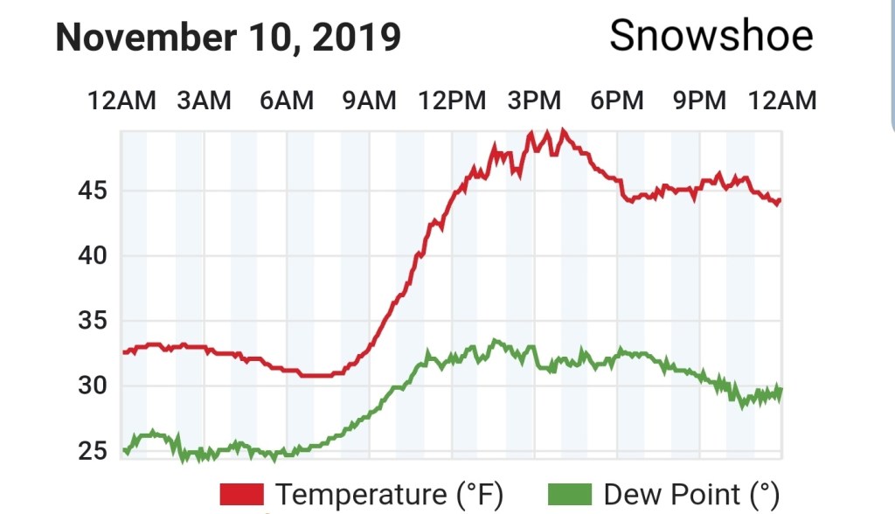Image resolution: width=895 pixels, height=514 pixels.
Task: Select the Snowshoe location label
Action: [711, 36]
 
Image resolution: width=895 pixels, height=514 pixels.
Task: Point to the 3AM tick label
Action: [204, 101]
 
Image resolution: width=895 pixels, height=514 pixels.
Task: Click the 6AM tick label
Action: [286, 101]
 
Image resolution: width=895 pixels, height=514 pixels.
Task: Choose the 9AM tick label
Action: [368, 101]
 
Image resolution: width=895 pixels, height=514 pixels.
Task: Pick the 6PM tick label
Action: [616, 101]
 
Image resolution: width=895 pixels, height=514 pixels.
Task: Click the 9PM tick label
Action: [698, 101]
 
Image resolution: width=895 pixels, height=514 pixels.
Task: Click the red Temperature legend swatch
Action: [242, 494]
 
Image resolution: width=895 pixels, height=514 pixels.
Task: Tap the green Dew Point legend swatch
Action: [570, 494]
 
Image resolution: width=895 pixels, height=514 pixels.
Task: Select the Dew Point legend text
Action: [690, 494]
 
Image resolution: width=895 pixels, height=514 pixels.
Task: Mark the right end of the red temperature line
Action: [780, 201]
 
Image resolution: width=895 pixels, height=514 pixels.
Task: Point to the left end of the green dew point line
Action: [124, 451]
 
